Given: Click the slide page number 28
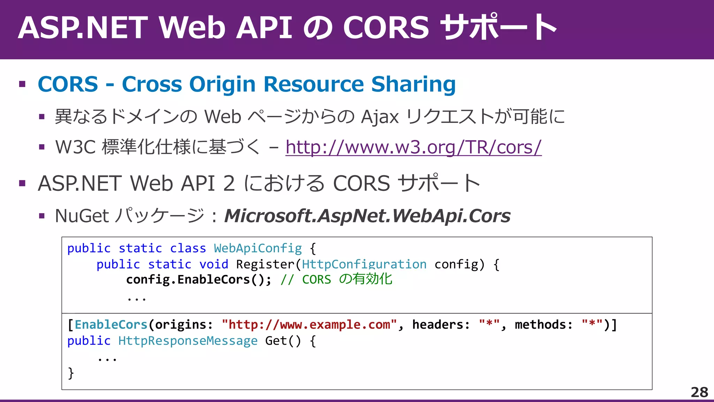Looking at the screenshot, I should pos(699,392).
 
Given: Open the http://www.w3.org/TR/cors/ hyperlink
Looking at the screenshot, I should pos(413,147).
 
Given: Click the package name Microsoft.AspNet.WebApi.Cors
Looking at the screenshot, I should pos(367,216).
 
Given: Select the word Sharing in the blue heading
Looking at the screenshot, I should pos(413,84).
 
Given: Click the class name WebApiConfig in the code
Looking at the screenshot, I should pos(258,248).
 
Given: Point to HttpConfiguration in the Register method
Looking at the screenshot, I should pos(364,265).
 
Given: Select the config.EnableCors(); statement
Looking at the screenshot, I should pos(198,280).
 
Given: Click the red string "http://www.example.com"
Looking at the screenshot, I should pos(309,325).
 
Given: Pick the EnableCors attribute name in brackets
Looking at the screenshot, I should pos(111,325).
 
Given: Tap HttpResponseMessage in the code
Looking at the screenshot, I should pos(188,341).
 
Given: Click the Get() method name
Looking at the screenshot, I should pos(282,341).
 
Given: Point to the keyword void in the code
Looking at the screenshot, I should pos(214,265).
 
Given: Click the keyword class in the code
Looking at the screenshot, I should pos(188,248).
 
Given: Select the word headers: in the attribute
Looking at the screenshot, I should pos(441,325).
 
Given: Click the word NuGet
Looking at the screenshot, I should pos(82,216).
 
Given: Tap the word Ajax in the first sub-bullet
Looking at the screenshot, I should pos(380,117).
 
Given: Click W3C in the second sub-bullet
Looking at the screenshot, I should pos(75,147).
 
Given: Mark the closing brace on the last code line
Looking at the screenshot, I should pos(71,373).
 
